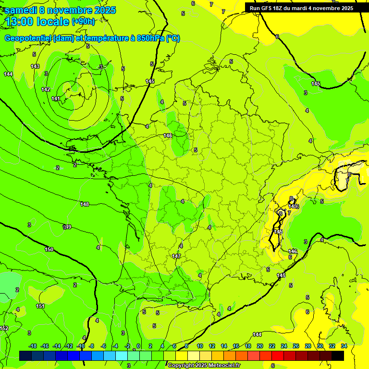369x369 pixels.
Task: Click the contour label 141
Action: (56, 98)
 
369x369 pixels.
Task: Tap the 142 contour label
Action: (46, 90)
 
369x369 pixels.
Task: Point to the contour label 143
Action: (35, 66)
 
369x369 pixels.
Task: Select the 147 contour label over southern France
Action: (176, 257)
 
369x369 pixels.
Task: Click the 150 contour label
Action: (49, 249)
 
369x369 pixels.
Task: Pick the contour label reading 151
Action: (41, 306)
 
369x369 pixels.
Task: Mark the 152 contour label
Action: (4, 328)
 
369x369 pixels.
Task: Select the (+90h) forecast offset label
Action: (83, 22)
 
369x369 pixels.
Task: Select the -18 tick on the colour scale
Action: (33, 346)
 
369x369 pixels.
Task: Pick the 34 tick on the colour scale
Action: (344, 346)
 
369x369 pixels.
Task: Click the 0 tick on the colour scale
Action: (138, 346)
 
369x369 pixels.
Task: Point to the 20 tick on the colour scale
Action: (259, 346)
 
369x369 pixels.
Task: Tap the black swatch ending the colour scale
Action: (337, 356)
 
